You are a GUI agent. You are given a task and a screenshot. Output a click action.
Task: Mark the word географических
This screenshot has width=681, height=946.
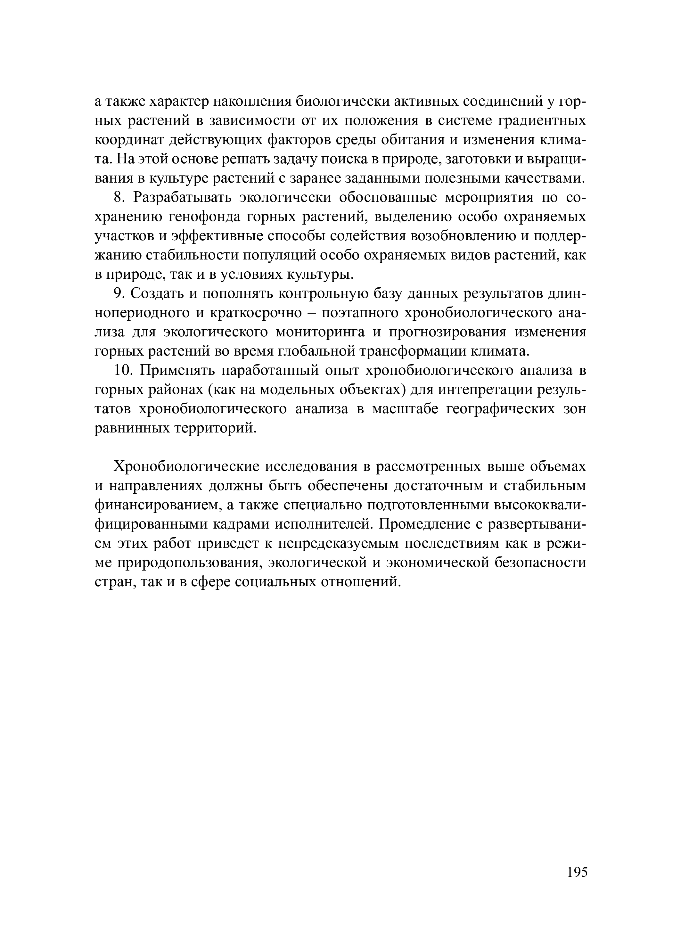pyautogui.click(x=500, y=409)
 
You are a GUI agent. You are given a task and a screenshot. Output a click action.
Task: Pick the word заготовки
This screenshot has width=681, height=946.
pyautogui.click(x=476, y=159)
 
